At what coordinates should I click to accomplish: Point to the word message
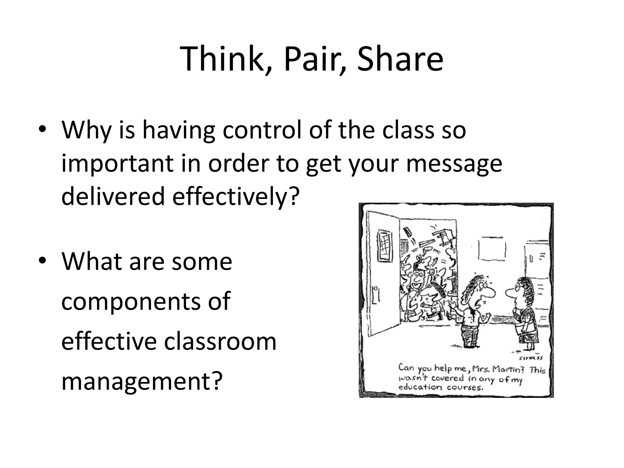point(454,163)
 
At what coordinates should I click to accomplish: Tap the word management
point(140,381)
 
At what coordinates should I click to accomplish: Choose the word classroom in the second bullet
point(220,341)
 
